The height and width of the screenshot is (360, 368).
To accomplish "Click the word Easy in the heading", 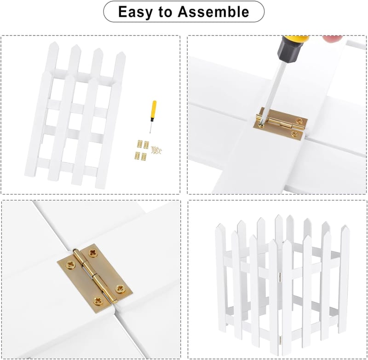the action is pos(135,12).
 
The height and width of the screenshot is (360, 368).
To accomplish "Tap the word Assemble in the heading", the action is pos(213,12).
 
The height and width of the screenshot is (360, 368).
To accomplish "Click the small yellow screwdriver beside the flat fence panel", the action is pos(153,116).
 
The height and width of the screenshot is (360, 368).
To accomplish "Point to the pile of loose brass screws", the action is pos(156,150).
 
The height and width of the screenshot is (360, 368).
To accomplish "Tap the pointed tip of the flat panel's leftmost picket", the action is pos(54,42).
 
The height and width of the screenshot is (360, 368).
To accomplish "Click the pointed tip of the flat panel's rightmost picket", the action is pos(121,52).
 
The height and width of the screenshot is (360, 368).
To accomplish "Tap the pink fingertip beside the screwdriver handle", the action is pos(332,38).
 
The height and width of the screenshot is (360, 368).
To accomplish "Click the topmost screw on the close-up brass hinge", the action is pos(93,253).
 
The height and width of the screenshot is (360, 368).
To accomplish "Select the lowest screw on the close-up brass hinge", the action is pos(98,300).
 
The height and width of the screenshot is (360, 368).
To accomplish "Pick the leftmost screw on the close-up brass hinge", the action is pos(70,265).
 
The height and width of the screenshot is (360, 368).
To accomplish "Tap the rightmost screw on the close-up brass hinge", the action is pos(120,288).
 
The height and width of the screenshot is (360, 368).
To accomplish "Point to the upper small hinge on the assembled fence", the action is pos(280,277).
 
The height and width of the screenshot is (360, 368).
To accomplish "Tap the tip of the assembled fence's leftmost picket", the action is pos(220,224).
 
